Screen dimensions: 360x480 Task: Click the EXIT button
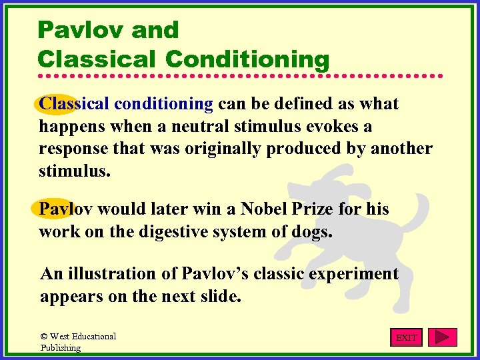[406, 337]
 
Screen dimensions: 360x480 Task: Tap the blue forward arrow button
[442, 337]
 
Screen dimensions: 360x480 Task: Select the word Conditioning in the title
[247, 59]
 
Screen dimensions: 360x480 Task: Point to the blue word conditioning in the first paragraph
[163, 104]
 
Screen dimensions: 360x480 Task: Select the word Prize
[313, 209]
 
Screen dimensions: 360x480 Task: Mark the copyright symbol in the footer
[44, 337]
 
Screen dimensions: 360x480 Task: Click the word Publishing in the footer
[60, 347]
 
